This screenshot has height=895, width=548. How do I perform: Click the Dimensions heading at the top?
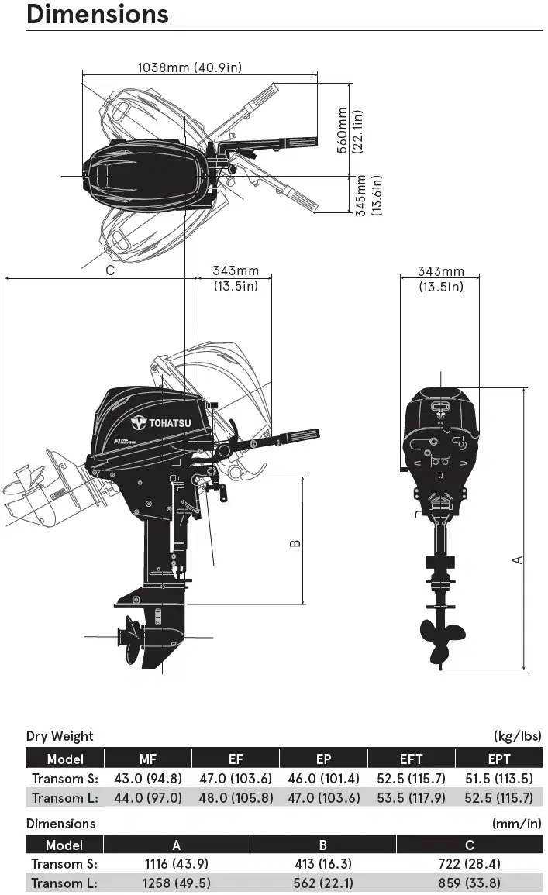click(97, 14)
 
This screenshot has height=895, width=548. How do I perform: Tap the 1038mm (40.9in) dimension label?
click(190, 67)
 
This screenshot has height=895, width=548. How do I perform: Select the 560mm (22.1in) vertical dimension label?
click(350, 131)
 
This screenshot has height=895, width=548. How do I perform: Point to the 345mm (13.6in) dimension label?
click(368, 195)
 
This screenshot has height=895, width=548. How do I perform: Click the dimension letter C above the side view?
click(110, 270)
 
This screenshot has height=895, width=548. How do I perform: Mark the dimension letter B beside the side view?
click(295, 543)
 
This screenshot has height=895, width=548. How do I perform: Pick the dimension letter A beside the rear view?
click(517, 560)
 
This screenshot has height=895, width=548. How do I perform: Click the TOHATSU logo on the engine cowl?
click(161, 423)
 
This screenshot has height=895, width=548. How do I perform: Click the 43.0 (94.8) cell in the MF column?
click(148, 779)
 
